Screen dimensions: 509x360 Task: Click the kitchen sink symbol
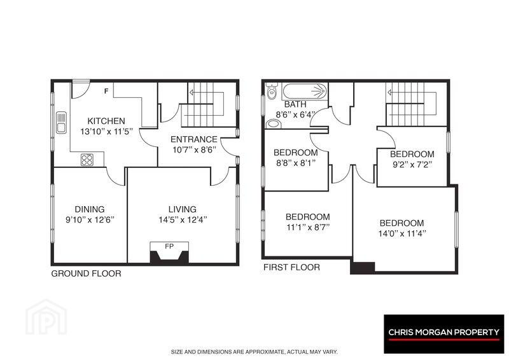pyautogui.click(x=61, y=122)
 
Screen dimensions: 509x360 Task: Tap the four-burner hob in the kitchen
pyautogui.click(x=87, y=160)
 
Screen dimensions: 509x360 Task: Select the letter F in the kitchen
pyautogui.click(x=106, y=91)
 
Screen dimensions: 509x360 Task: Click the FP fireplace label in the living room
pyautogui.click(x=169, y=246)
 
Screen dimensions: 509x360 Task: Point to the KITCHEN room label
pyautogui.click(x=106, y=121)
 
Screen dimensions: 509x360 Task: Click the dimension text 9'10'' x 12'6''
pyautogui.click(x=90, y=220)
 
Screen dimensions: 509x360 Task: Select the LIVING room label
pyautogui.click(x=183, y=209)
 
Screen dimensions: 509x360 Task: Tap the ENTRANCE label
pyautogui.click(x=194, y=139)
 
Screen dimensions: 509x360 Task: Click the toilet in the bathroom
pyautogui.click(x=271, y=90)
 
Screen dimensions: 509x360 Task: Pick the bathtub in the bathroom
pyautogui.click(x=305, y=92)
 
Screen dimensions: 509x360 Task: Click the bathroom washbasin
pyautogui.click(x=274, y=123)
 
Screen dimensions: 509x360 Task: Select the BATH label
pyautogui.click(x=295, y=104)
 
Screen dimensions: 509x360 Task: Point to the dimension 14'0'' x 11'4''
pyautogui.click(x=402, y=233)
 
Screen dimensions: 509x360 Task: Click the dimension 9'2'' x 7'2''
pyautogui.click(x=412, y=165)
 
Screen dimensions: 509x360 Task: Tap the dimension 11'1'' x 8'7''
pyautogui.click(x=308, y=227)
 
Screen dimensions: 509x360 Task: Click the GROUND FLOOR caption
pyautogui.click(x=87, y=273)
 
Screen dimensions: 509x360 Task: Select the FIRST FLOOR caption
pyautogui.click(x=291, y=267)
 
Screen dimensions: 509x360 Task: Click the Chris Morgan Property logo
pyautogui.click(x=443, y=334)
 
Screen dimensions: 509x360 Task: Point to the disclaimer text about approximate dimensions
pyautogui.click(x=254, y=352)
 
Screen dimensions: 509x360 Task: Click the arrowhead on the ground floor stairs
pyautogui.click(x=192, y=92)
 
